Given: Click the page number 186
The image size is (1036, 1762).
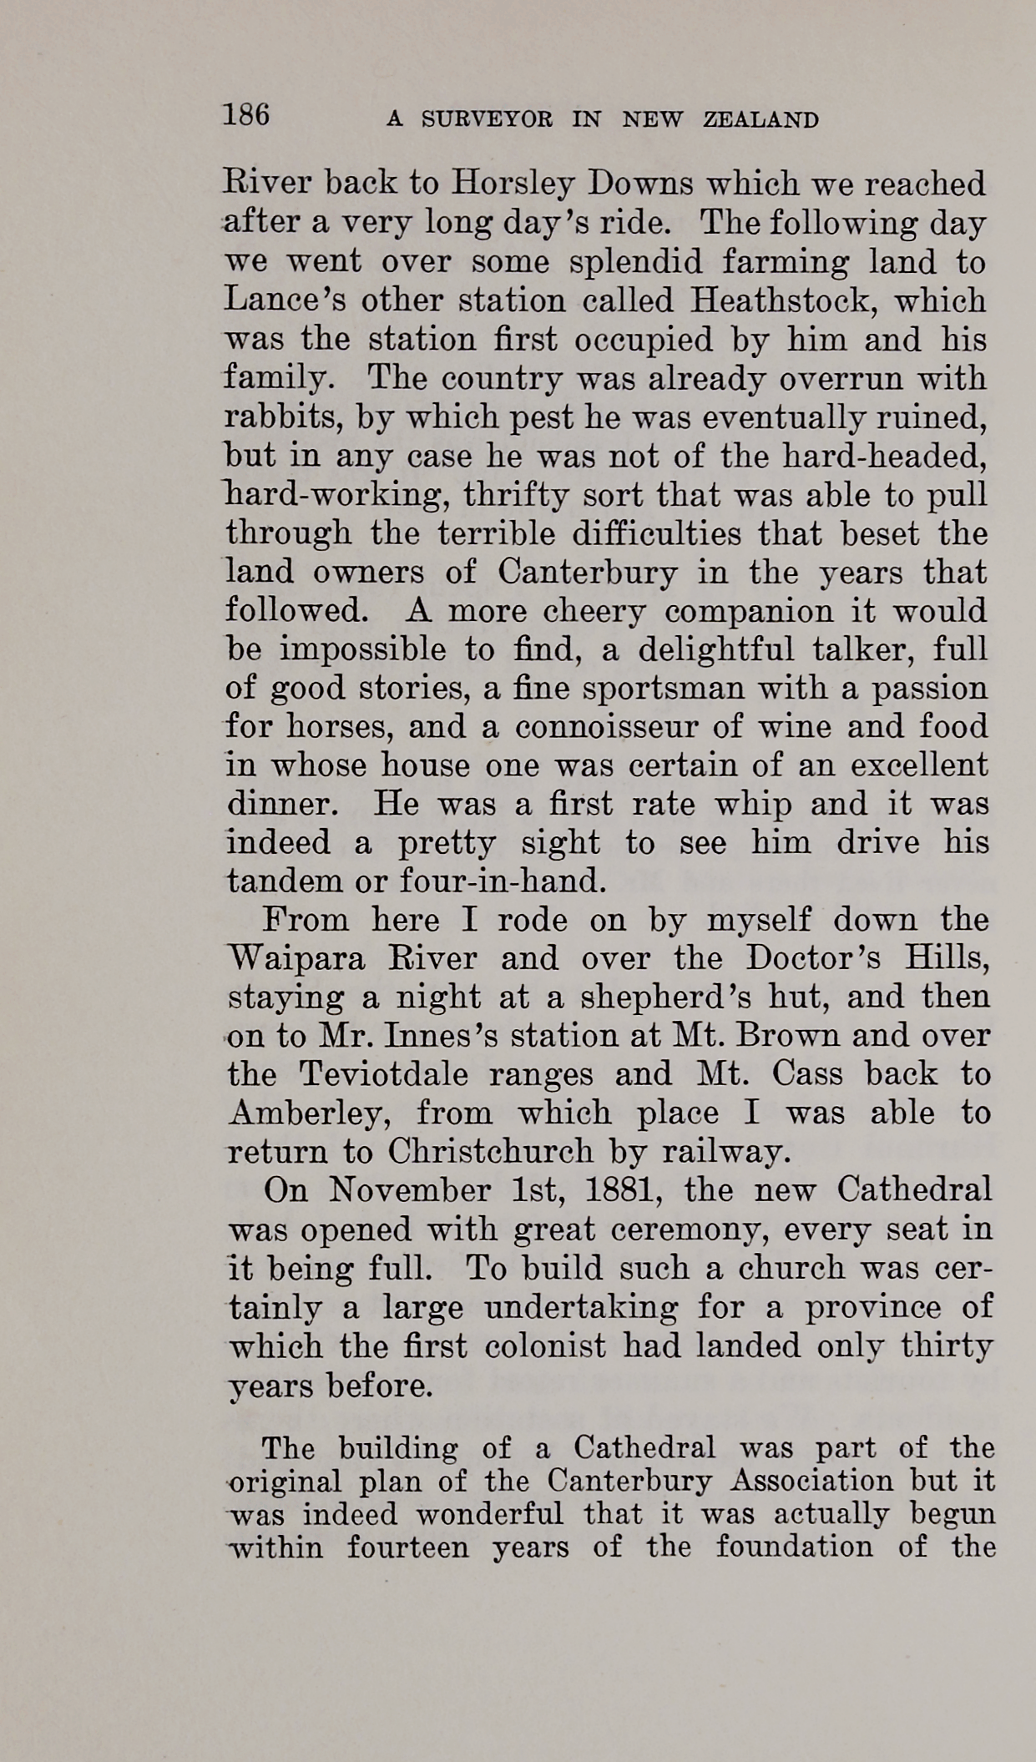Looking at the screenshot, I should point(246,114).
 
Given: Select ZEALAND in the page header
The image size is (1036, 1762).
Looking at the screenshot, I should point(761,120).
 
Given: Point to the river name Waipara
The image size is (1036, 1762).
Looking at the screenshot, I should point(296,958).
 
